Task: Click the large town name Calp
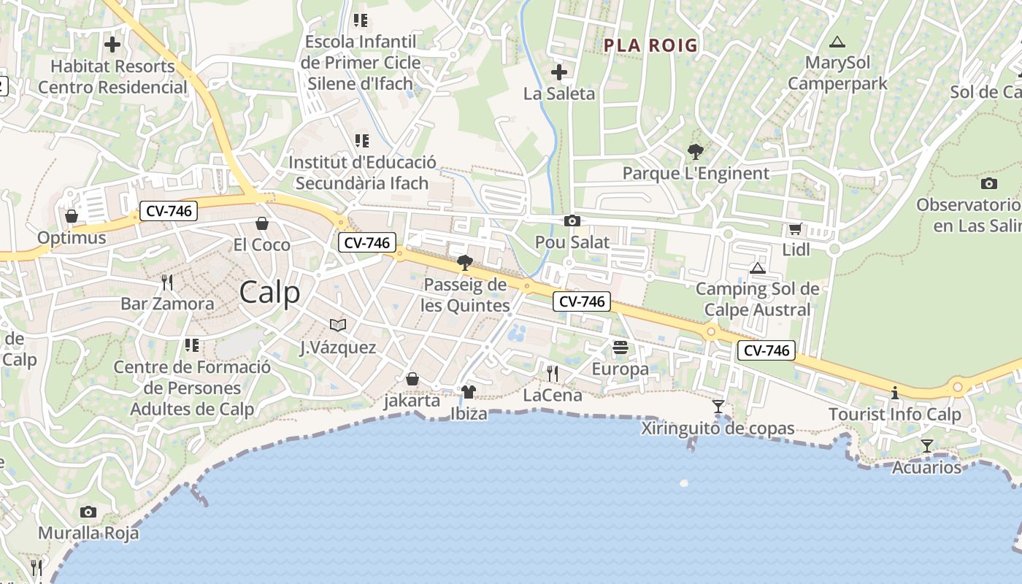coord(269,293)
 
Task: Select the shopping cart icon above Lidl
coord(795,228)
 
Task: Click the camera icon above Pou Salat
coord(572,220)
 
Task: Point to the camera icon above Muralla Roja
coord(88,512)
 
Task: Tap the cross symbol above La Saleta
coord(559,72)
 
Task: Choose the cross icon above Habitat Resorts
coord(112,45)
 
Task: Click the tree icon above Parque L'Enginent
coord(696,152)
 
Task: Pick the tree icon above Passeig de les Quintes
coord(464,263)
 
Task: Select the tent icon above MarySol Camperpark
coord(837,42)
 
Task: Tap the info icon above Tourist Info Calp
coord(895,393)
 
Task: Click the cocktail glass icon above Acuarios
coord(927,445)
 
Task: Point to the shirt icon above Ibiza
coord(469,392)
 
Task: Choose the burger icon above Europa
coord(620,347)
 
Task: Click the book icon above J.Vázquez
coord(338,325)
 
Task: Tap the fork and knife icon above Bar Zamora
coord(167,282)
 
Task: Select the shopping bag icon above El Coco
coord(262,223)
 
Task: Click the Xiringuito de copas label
coord(718,429)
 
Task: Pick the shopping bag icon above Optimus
coord(72,216)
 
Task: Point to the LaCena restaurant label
coord(553,396)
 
